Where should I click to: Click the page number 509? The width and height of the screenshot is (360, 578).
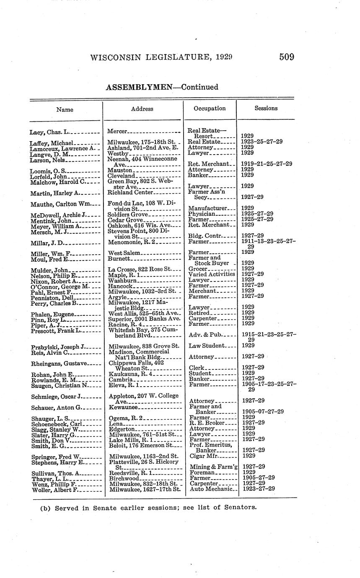click(287, 57)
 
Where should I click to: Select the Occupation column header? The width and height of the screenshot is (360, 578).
click(210, 108)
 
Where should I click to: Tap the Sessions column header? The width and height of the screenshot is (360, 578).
click(266, 108)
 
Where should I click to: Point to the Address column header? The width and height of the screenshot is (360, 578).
click(142, 109)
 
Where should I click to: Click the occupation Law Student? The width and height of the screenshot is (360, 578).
click(207, 346)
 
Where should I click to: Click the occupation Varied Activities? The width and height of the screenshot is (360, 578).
click(212, 274)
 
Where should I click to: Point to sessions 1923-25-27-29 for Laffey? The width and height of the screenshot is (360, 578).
click(262, 142)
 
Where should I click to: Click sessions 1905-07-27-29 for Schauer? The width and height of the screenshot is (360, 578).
click(263, 411)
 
